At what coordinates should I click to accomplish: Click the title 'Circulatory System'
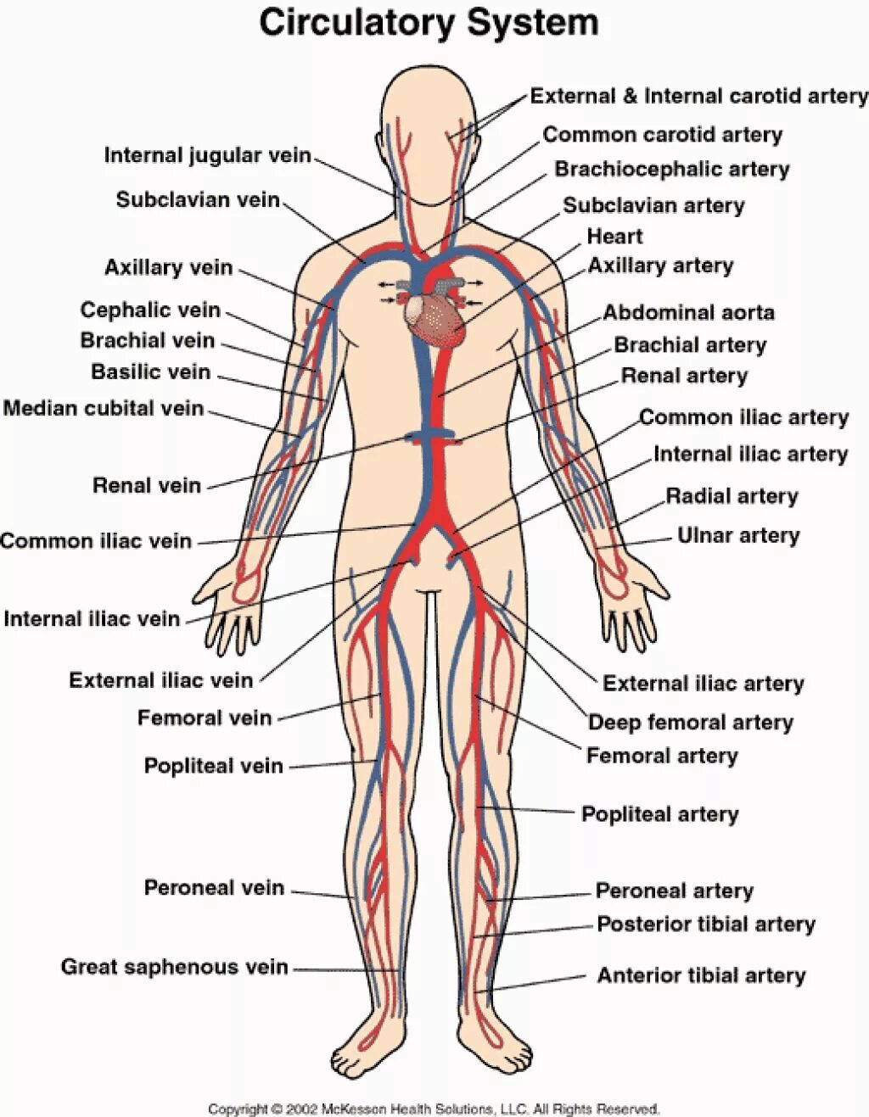(x=429, y=23)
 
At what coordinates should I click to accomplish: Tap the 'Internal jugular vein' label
(x=207, y=155)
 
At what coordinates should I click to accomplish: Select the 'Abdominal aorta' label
(x=688, y=312)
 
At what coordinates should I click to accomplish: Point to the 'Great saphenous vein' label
(x=174, y=967)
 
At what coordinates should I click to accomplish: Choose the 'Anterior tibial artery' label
(x=701, y=975)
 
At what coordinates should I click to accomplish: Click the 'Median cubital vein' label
(x=104, y=408)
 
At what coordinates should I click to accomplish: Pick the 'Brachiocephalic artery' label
(x=671, y=169)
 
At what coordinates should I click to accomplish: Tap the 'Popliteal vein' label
(x=213, y=766)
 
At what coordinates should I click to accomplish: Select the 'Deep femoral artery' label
(x=690, y=723)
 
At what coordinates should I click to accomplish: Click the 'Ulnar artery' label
(x=737, y=535)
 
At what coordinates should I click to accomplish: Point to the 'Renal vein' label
(x=147, y=485)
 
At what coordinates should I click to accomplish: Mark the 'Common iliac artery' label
(x=743, y=417)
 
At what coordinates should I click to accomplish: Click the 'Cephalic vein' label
(x=150, y=310)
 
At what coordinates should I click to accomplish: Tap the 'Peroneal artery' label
(x=674, y=891)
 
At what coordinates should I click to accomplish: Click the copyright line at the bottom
(x=434, y=1109)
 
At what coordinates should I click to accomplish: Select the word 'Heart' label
(x=614, y=236)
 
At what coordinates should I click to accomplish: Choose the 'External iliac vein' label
(x=160, y=680)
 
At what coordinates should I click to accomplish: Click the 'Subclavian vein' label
(x=198, y=199)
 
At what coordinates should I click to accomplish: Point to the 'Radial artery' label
(x=732, y=496)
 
